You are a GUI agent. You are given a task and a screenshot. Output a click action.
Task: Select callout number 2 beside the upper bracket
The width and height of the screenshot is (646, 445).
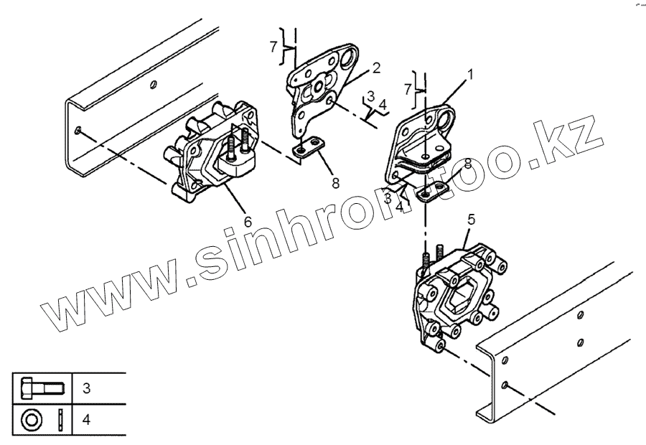point(375,68)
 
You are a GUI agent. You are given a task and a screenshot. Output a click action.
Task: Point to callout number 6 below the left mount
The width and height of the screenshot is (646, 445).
point(248,222)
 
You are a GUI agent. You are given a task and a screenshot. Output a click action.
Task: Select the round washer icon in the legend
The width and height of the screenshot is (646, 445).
point(32,418)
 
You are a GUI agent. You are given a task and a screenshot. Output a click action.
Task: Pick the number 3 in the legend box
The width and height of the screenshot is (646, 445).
point(86,389)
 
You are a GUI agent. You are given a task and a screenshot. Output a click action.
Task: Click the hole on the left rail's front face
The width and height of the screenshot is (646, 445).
point(78,131)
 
